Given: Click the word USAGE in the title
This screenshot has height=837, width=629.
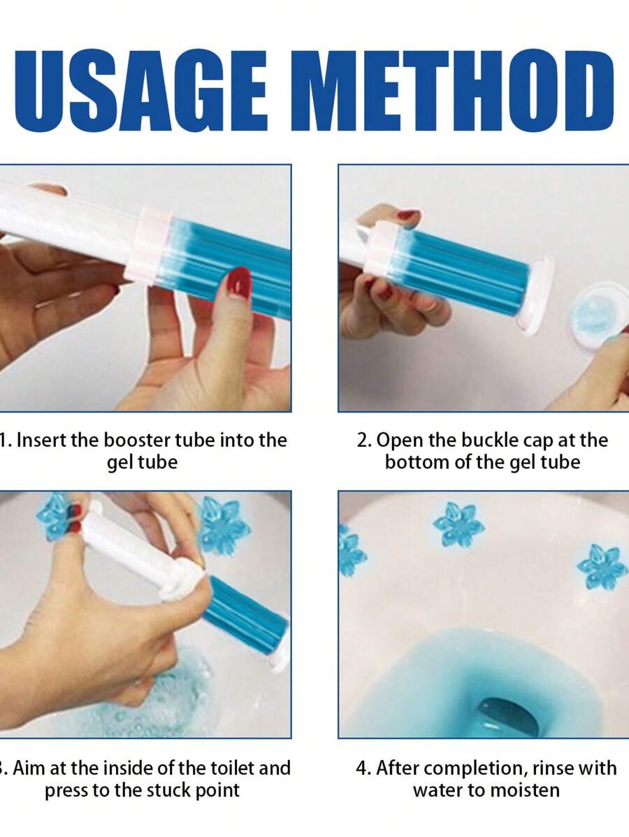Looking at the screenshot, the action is pos(141,91).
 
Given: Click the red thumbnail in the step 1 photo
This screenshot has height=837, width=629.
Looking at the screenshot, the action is pos(239,283).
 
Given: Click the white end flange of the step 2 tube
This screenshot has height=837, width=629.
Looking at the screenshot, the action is pos(537,295).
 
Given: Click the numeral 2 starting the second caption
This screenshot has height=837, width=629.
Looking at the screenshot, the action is pos(363,440).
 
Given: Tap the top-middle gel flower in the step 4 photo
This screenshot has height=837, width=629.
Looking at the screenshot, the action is pos(458,525).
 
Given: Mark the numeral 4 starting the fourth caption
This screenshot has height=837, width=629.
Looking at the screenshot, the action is pos(362,768).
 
